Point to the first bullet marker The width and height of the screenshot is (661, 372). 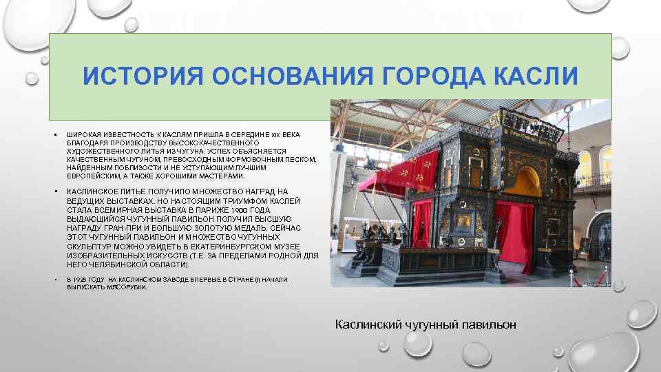coord(54,134)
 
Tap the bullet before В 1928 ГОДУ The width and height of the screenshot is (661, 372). coord(54,280)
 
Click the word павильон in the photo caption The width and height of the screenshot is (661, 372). coord(490,324)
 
